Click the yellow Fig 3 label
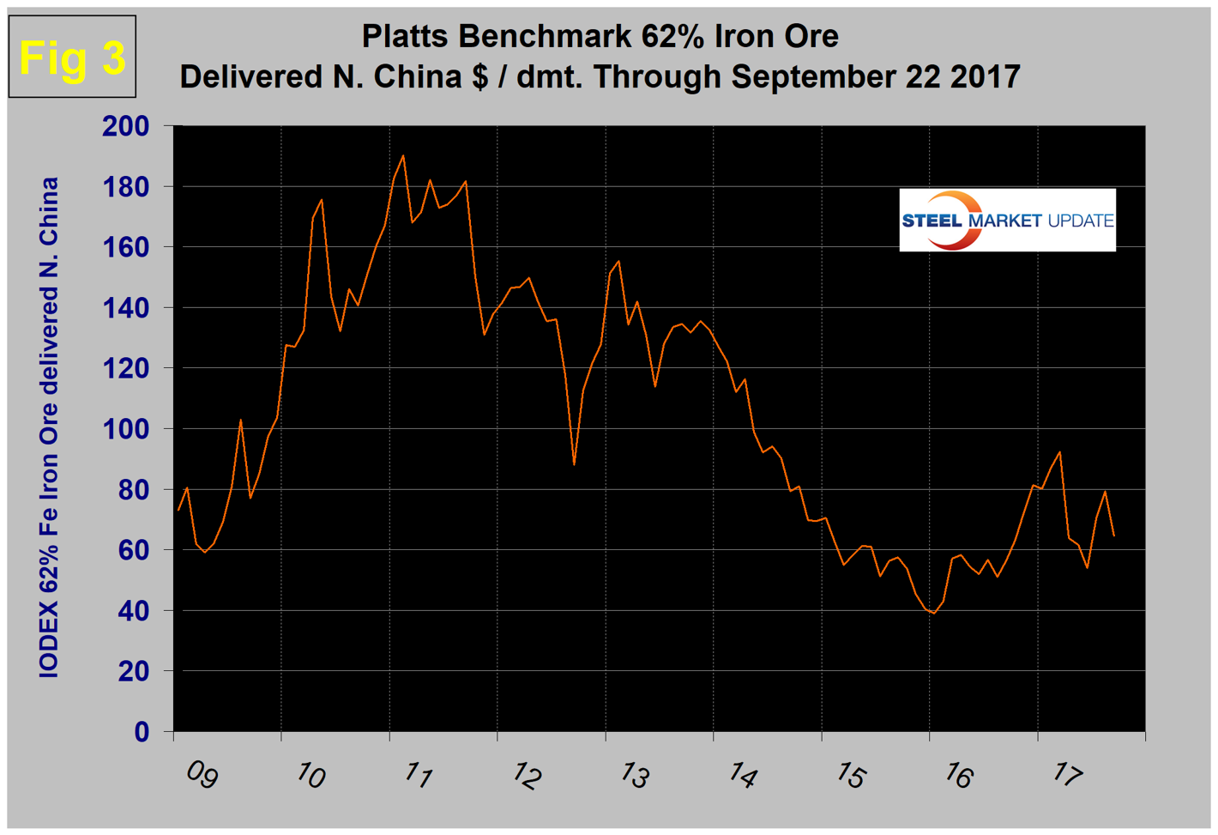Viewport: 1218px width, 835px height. point(72,57)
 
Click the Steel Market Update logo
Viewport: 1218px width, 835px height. point(1007,221)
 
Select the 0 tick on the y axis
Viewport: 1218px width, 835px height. point(142,732)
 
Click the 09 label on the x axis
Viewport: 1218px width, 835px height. point(202,775)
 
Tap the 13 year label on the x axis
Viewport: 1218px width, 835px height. point(634,776)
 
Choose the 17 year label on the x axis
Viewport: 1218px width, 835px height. point(1066,776)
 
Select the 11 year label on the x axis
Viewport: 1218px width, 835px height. point(418,776)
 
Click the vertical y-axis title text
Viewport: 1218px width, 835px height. point(49,428)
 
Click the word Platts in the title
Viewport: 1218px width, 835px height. point(409,36)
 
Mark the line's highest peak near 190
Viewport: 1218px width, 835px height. point(403,156)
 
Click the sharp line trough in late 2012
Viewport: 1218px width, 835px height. point(574,464)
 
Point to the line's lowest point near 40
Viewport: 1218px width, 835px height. point(933,613)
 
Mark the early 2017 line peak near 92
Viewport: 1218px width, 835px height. point(1060,452)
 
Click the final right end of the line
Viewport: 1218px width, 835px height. point(1113,535)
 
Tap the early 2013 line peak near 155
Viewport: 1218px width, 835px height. point(618,261)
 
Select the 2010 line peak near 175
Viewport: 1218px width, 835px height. point(322,200)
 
